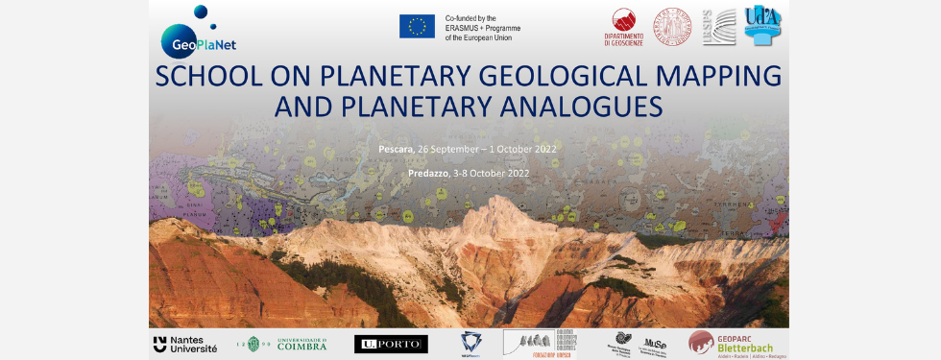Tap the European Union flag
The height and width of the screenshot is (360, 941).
click(x=417, y=26)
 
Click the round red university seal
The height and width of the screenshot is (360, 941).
click(x=673, y=26)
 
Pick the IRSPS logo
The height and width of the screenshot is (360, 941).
click(x=719, y=26)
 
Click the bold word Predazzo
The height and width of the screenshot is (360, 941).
click(x=401, y=173)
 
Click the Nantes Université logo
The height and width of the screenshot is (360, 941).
click(x=185, y=344)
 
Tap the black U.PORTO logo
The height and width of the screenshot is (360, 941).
click(x=391, y=344)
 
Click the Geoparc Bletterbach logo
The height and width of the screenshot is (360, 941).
click(x=736, y=344)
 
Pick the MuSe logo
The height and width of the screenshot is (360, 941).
click(x=655, y=343)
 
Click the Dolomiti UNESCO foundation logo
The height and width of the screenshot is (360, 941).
click(x=540, y=344)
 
